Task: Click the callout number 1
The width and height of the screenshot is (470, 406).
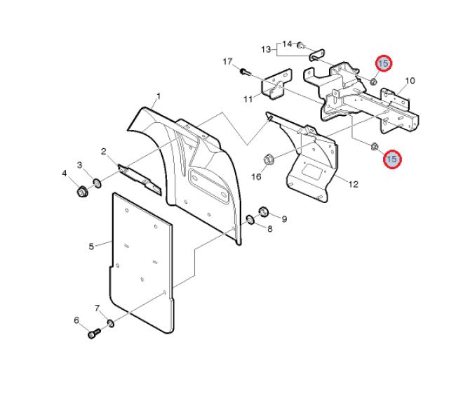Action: click(159, 96)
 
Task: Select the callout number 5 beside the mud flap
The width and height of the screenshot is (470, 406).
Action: click(91, 247)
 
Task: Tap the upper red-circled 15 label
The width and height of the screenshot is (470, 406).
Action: click(384, 63)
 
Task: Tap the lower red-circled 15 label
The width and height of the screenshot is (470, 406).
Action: click(392, 159)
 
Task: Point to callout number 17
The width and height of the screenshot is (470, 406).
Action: click(227, 62)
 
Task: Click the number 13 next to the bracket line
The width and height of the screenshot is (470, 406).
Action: click(266, 49)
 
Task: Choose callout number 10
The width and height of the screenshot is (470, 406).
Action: click(410, 80)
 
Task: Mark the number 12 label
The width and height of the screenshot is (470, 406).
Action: click(354, 184)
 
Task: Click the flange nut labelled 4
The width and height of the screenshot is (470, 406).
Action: click(82, 192)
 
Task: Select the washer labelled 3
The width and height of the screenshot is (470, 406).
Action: click(98, 183)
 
